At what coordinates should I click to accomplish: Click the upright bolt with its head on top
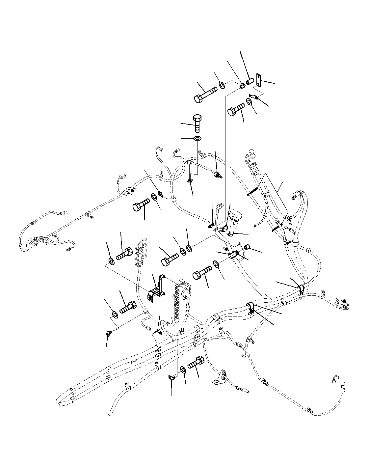197,123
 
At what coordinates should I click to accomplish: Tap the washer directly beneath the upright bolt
197,138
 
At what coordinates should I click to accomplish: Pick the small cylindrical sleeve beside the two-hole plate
250,81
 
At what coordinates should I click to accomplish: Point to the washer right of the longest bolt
222,85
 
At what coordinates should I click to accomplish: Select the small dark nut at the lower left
108,335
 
